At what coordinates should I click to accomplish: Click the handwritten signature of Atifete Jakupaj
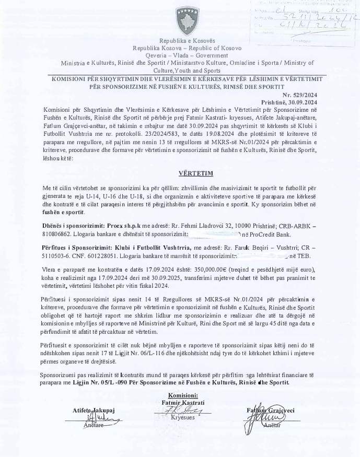click(x=100, y=418)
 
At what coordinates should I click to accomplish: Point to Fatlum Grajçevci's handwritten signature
click(x=264, y=418)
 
